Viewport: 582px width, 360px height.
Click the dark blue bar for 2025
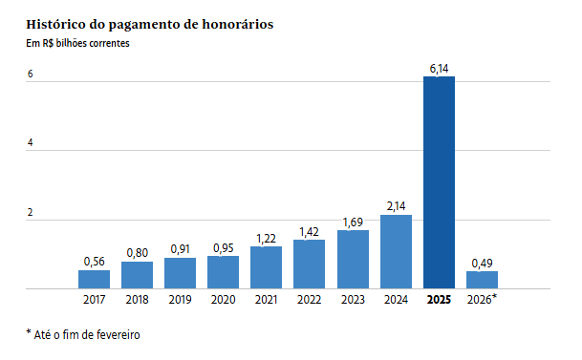coord(439,181)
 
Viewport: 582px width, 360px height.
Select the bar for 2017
coord(94,279)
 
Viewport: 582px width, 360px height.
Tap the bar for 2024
coord(396,251)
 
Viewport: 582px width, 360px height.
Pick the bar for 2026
coord(482,280)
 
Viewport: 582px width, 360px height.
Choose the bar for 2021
coord(267,267)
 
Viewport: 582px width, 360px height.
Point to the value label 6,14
coord(439,68)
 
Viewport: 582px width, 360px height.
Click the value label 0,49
coord(482,262)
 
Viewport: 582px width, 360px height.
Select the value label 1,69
coord(353,222)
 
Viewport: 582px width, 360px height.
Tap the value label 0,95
coord(224,247)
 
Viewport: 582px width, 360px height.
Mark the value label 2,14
coord(396,206)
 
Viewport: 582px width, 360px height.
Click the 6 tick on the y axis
coord(31,74)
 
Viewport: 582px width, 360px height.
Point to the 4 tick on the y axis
coord(31,143)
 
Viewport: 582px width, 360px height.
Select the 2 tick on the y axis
coord(31,213)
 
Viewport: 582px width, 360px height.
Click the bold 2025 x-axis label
coord(439,300)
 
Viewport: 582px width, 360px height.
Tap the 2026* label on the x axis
coord(483,300)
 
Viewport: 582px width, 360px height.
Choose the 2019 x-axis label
coord(180,300)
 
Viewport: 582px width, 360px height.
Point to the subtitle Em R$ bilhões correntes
coord(77,43)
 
